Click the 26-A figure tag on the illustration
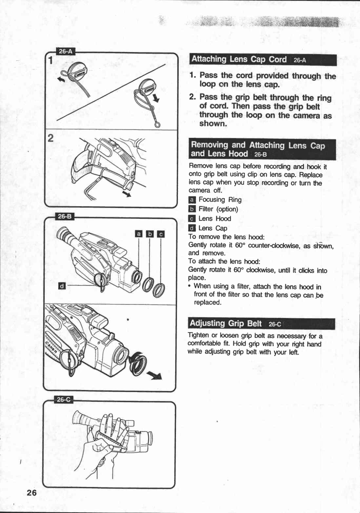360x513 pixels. pos(66,52)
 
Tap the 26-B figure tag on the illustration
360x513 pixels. pos(66,216)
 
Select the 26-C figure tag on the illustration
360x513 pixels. pos(64,400)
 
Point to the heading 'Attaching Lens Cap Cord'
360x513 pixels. pos(239,59)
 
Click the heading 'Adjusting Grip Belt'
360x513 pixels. pos(226,323)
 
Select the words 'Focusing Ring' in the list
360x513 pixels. pos(220,199)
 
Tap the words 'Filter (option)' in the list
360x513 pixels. pos(218,209)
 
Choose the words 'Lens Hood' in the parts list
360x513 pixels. pos(215,218)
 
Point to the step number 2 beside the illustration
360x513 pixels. pos(50,138)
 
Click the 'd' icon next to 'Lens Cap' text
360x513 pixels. pos(192,228)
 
